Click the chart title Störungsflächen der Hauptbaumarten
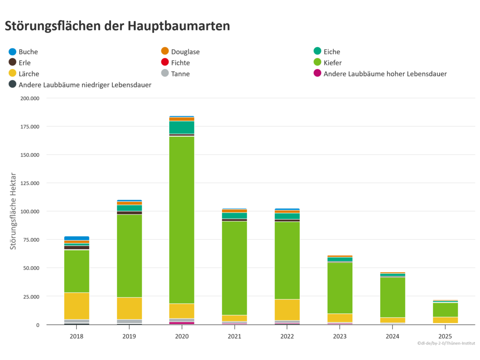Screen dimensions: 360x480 117,26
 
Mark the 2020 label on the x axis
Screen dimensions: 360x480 182,336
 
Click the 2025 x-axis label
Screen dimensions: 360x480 445,336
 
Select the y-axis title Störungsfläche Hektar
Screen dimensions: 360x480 13,211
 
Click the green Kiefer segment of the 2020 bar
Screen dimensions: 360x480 182,220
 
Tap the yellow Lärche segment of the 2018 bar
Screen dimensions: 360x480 76,305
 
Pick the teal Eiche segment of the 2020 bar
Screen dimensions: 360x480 182,127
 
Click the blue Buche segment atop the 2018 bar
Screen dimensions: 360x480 76,238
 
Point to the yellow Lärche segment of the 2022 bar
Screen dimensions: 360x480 287,310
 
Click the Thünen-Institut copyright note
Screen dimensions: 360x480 446,343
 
